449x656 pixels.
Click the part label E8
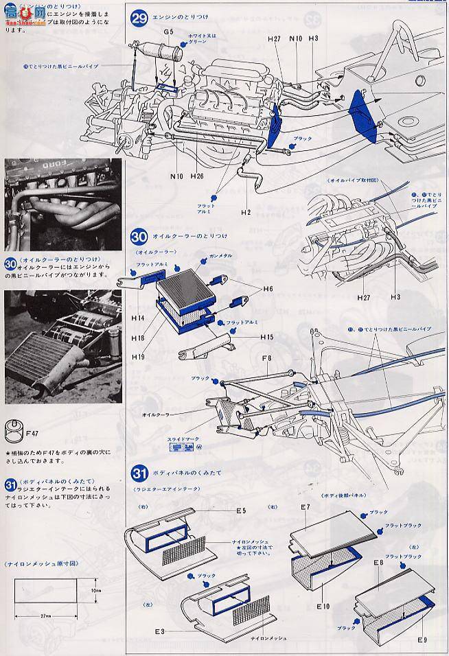[x=377, y=562]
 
